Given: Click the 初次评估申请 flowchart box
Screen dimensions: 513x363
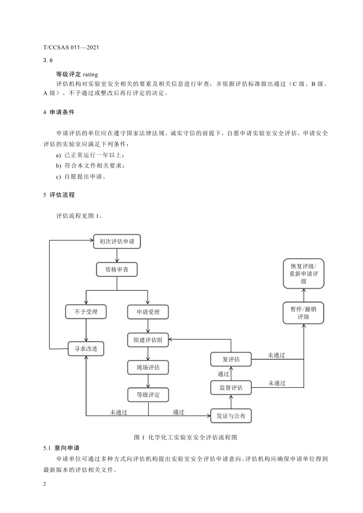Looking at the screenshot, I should click(x=117, y=242).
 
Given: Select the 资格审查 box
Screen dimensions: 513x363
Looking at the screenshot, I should click(x=117, y=270).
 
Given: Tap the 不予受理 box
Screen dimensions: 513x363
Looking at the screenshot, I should click(x=86, y=312).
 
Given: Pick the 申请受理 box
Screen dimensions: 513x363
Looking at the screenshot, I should click(x=148, y=312).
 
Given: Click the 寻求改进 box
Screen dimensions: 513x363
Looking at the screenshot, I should click(x=86, y=349).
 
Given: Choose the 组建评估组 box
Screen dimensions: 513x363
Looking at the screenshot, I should click(x=148, y=340).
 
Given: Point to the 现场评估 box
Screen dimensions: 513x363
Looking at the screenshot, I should click(x=148, y=367).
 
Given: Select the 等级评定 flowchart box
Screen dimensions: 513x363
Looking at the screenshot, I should click(x=148, y=395).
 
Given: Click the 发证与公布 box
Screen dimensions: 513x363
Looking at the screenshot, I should click(x=231, y=416).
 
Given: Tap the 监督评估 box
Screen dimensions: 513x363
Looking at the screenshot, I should click(x=231, y=388).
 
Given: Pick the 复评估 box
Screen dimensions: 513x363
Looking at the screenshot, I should click(x=231, y=360).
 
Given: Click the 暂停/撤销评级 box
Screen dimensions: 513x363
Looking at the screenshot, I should click(x=304, y=312).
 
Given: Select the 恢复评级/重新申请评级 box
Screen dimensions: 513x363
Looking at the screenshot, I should click(x=304, y=274).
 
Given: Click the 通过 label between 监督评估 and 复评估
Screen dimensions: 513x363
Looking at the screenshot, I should click(x=224, y=374).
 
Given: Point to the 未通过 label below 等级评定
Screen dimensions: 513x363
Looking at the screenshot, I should click(x=118, y=412).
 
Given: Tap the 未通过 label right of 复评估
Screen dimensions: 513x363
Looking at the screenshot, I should click(x=277, y=355).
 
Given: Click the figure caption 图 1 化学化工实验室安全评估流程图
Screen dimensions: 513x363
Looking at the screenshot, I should click(x=185, y=437).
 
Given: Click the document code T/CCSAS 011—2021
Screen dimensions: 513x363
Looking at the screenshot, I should click(x=71, y=47).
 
